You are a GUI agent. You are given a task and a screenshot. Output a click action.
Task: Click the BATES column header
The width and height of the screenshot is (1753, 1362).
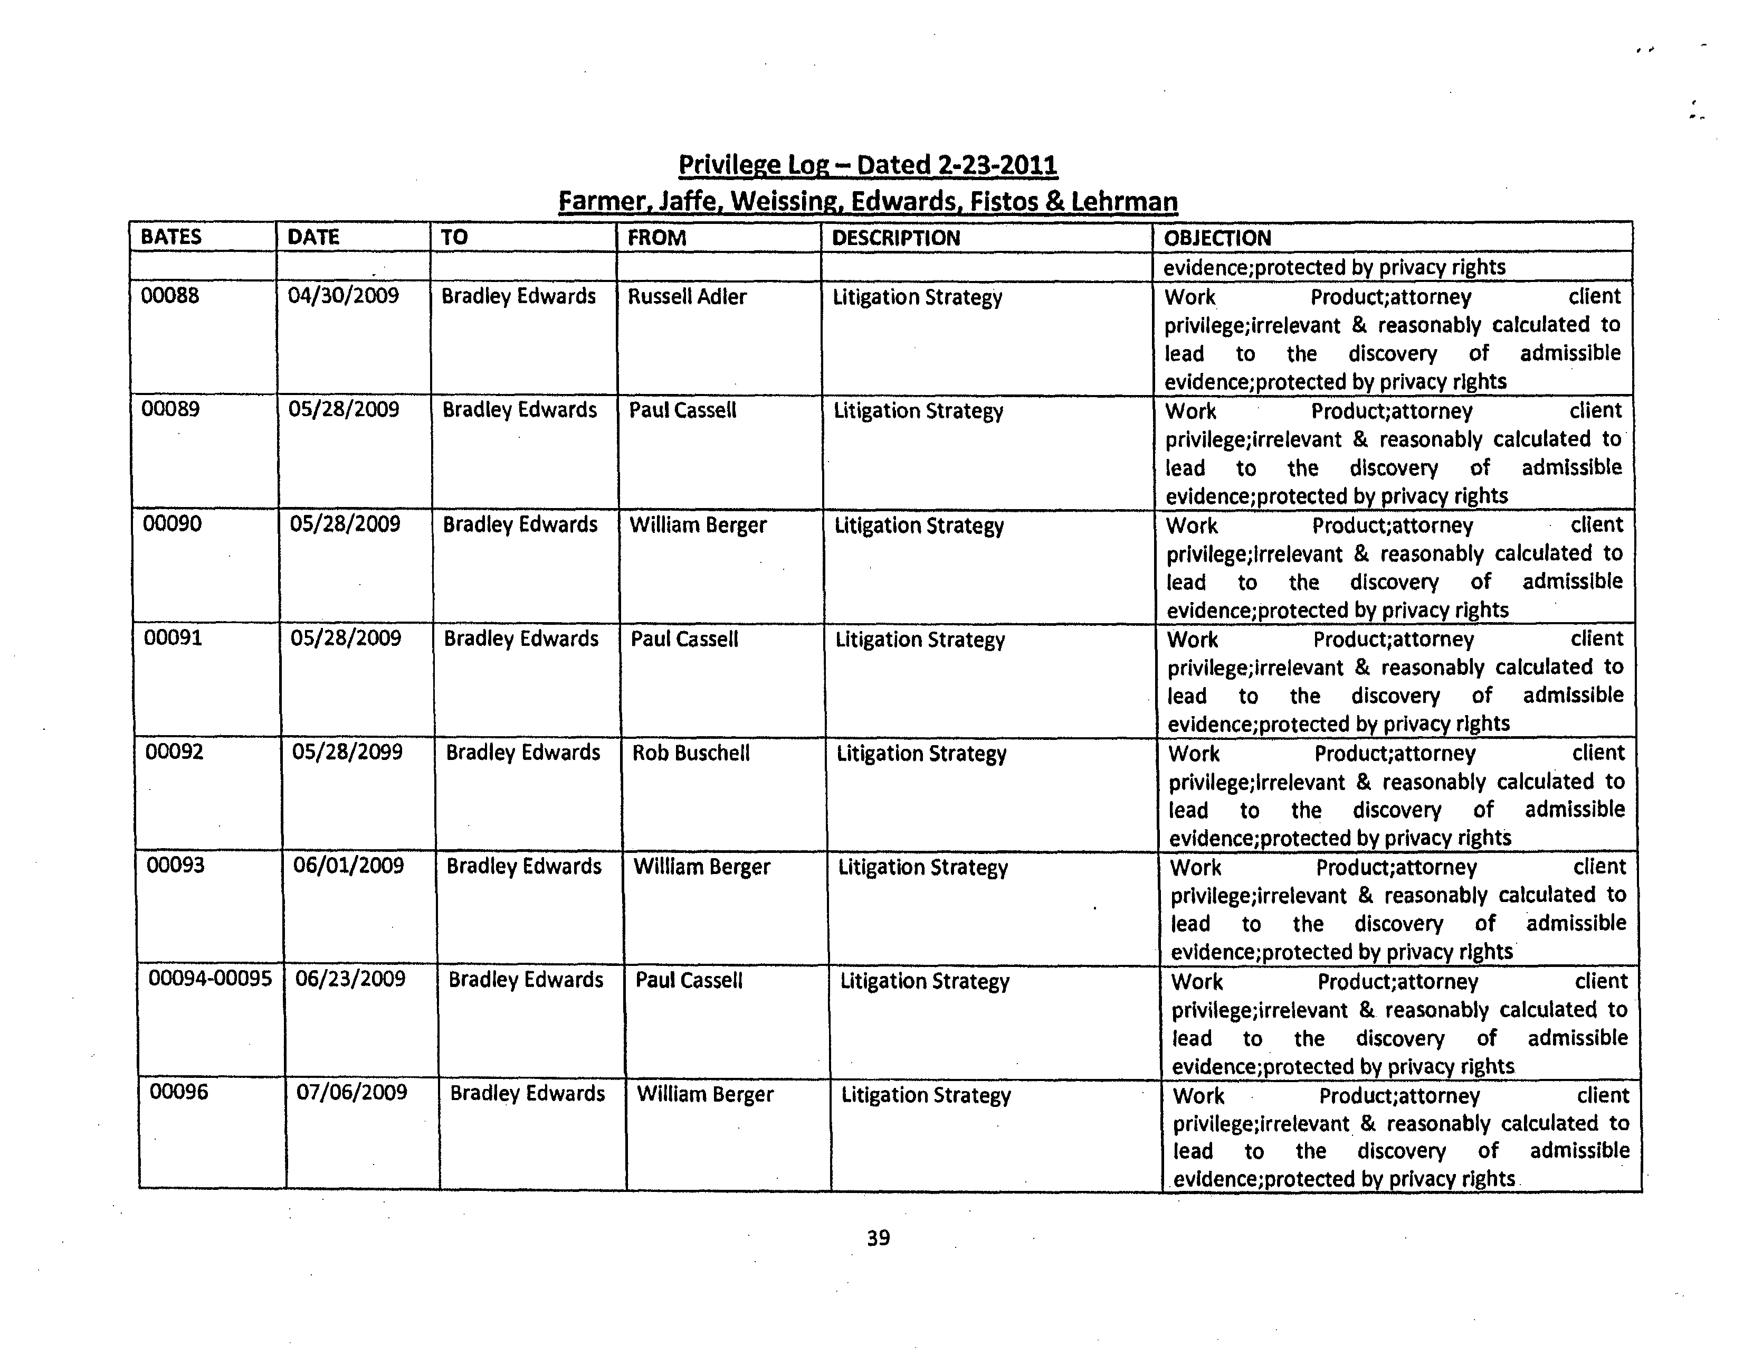click(171, 237)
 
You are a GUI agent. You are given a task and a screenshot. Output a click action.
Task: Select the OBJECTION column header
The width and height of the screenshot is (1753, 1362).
click(1217, 239)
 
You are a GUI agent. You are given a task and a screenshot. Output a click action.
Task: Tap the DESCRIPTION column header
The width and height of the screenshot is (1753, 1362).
click(896, 239)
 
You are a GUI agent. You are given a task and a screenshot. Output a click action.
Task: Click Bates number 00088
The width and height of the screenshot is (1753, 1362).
click(170, 296)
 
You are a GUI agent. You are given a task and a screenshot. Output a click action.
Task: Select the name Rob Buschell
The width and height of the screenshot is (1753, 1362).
click(691, 753)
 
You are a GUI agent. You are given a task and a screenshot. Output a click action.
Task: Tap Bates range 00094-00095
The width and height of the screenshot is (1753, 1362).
click(211, 979)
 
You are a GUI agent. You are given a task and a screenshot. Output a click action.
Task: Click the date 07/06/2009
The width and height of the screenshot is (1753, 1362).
click(351, 1093)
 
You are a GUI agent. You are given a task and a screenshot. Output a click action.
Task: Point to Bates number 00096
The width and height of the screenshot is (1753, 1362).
click(179, 1092)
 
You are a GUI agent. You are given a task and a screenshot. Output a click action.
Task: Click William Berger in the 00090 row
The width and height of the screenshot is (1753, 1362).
click(698, 525)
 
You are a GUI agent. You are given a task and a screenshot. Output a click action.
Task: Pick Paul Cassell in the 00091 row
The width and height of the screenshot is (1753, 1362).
click(684, 639)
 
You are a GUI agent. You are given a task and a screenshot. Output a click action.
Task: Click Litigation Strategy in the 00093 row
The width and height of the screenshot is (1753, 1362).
click(923, 868)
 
